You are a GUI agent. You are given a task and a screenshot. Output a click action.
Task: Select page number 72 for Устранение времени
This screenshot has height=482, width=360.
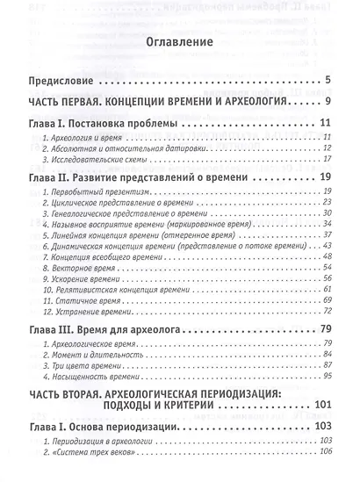point(324,311)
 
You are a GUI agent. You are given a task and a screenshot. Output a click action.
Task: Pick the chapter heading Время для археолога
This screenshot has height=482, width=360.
point(136,329)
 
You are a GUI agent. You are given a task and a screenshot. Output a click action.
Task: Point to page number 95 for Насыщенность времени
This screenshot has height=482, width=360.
point(324,378)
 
